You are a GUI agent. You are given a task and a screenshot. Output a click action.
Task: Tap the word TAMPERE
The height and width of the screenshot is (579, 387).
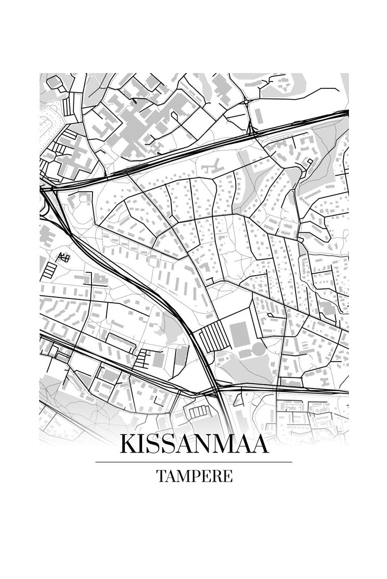(x=193, y=476)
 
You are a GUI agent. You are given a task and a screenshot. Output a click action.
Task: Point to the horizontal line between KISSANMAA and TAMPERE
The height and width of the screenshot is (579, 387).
(x=193, y=462)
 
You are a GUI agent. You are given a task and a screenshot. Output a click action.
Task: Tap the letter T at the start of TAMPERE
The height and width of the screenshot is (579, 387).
(x=160, y=476)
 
